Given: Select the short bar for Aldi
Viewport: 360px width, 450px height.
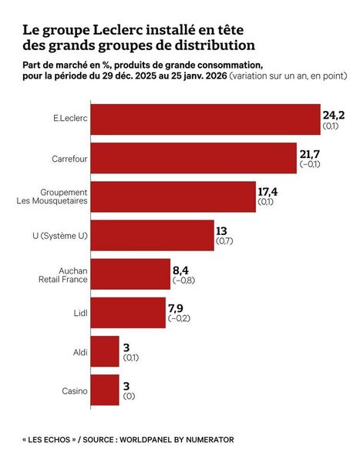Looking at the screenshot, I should point(109,351).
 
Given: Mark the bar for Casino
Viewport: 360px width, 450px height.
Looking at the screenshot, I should point(109,390).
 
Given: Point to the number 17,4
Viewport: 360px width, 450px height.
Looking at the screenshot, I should point(269,191).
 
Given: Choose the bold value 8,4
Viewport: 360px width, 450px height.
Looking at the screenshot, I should point(183,268).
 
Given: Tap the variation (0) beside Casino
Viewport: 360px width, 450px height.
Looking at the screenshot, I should point(130,396).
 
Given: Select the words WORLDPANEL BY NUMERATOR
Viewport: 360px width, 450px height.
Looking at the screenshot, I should point(177,440).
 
